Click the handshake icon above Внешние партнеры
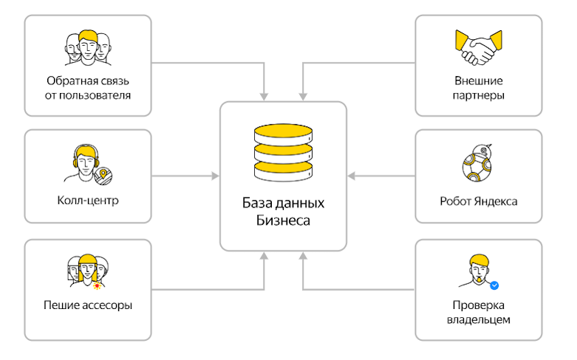(479, 48)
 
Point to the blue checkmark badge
(496, 284)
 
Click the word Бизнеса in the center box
(284, 220)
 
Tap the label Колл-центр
(88, 200)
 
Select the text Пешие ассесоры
(88, 304)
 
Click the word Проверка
(479, 305)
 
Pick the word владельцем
(479, 319)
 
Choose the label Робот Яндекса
(479, 200)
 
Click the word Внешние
(479, 81)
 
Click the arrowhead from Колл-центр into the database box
(216, 176)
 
